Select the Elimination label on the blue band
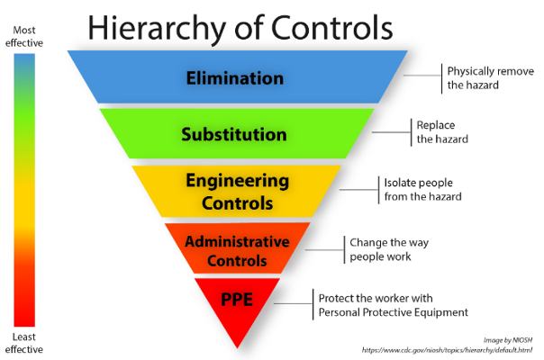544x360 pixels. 234,77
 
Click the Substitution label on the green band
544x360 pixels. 234,135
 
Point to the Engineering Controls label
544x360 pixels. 238,191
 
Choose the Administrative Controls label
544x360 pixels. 238,251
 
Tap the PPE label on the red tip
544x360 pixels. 237,300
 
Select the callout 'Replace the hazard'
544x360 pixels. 441,132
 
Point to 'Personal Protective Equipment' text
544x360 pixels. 394,312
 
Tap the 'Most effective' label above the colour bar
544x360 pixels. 24,37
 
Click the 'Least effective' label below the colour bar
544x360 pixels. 24,342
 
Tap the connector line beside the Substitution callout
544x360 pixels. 392,133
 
